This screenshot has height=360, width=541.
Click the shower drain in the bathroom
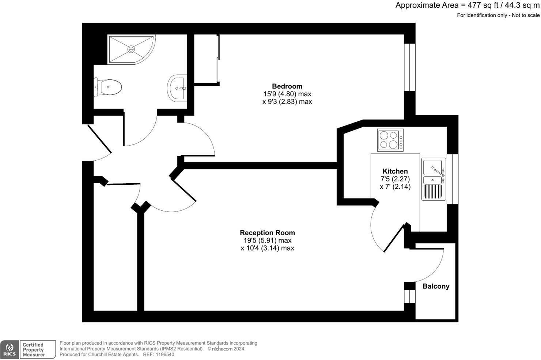tap(131, 49)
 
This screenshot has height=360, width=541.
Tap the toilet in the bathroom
tap(108, 87)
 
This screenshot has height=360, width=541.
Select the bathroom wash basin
tap(177, 88)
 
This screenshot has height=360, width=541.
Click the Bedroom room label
tap(287, 86)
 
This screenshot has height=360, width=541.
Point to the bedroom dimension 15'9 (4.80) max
tap(287, 94)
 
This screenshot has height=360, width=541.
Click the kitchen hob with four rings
tap(390, 140)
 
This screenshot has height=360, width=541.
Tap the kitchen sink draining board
tap(432, 192)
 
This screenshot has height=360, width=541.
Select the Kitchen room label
tap(395, 171)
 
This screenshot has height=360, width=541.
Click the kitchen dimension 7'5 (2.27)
tap(395, 179)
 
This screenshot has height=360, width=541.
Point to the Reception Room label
tap(267, 233)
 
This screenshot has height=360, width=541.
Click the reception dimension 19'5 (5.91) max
tap(267, 240)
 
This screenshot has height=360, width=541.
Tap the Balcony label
tap(436, 286)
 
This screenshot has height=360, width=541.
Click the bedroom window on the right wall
tap(410, 67)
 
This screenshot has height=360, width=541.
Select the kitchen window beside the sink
tap(453, 179)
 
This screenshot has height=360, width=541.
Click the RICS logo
tap(10, 350)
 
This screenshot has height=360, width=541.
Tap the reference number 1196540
tap(165, 355)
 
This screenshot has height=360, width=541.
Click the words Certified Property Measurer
tap(34, 350)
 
